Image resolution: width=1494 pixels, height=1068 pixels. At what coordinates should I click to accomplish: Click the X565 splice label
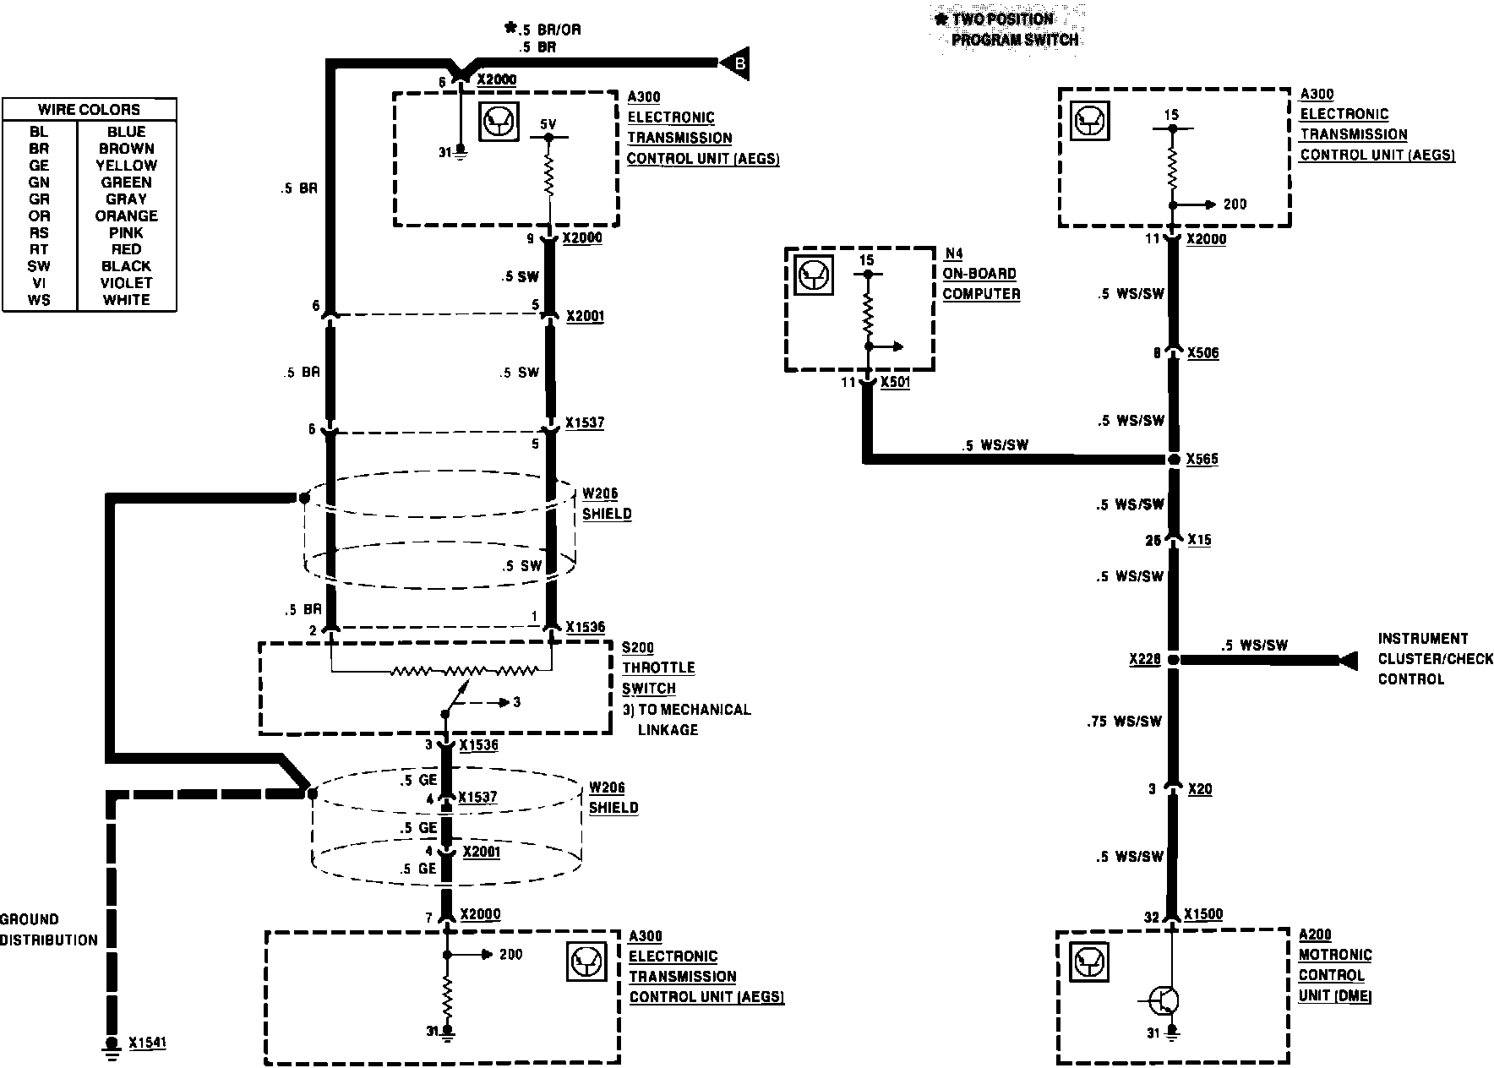[x=1202, y=459]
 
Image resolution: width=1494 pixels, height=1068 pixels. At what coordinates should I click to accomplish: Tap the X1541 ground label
[x=147, y=1043]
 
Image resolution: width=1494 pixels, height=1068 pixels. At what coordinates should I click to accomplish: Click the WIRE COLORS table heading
[x=89, y=110]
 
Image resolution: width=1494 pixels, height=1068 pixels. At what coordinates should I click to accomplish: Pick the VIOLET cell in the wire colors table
[x=126, y=283]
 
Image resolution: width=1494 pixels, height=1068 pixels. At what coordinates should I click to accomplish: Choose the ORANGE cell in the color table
[x=126, y=215]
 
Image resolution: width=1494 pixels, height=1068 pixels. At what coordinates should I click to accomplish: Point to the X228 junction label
[x=1144, y=659]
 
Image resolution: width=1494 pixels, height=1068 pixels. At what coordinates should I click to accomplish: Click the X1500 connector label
[x=1203, y=914]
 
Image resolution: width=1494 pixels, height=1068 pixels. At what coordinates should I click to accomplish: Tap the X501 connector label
[x=895, y=383]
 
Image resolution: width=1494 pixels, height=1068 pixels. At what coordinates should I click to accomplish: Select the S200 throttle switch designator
[x=638, y=648]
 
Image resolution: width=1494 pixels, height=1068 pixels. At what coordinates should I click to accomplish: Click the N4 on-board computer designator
[x=953, y=253]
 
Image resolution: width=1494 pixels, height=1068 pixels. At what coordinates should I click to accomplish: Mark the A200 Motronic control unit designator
[x=1315, y=934]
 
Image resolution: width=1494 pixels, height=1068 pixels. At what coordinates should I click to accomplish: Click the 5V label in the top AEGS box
[x=548, y=125]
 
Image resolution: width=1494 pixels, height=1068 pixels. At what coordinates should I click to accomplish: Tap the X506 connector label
[x=1202, y=353]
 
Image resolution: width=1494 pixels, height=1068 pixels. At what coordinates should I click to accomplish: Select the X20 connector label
[x=1200, y=789]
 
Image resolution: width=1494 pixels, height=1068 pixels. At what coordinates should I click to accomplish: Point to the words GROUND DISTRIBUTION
[x=48, y=929]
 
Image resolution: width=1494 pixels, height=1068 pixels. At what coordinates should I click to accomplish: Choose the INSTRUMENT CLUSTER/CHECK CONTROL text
[x=1435, y=659]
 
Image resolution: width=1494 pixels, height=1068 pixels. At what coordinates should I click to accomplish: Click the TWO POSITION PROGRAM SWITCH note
[x=1009, y=30]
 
